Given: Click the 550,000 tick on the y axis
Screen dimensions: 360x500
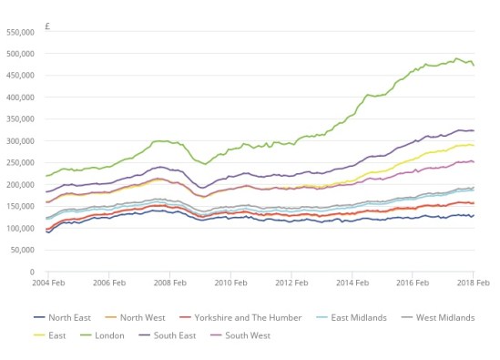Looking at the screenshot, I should click(20, 32).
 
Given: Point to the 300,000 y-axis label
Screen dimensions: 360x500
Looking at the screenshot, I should click(20, 141).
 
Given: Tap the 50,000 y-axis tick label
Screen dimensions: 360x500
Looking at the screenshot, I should click(22, 251).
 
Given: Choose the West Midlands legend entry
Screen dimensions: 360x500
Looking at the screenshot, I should click(445, 317).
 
